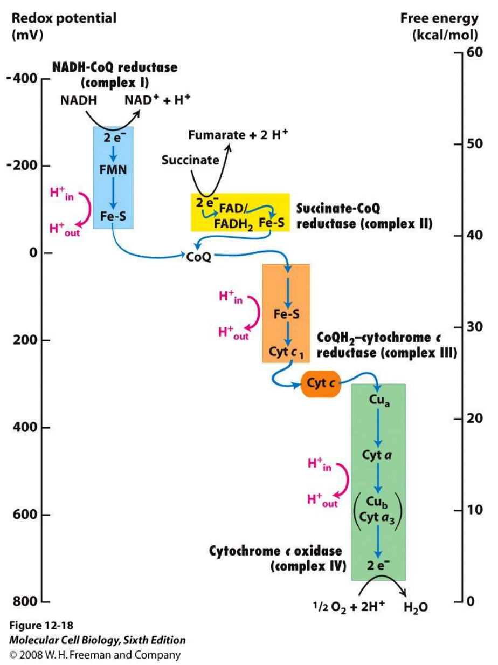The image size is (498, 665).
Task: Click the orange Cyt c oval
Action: [321, 384]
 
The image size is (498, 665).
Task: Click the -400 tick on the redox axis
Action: [22, 79]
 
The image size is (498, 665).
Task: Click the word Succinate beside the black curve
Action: [191, 160]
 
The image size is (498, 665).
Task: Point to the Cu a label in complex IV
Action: [377, 402]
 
